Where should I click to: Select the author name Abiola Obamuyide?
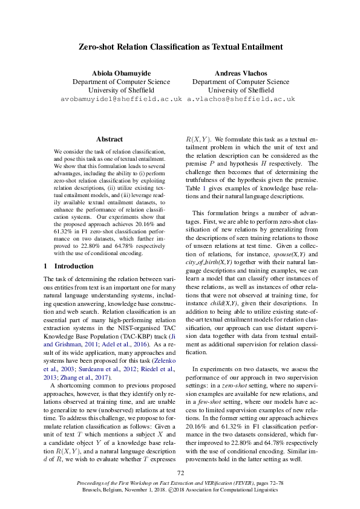[121, 73]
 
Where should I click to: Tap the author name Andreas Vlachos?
[240, 73]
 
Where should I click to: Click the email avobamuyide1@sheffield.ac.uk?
[121, 98]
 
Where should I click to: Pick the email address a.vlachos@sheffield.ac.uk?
[241, 98]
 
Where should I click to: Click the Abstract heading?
[109, 139]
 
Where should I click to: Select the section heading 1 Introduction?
[67, 265]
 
